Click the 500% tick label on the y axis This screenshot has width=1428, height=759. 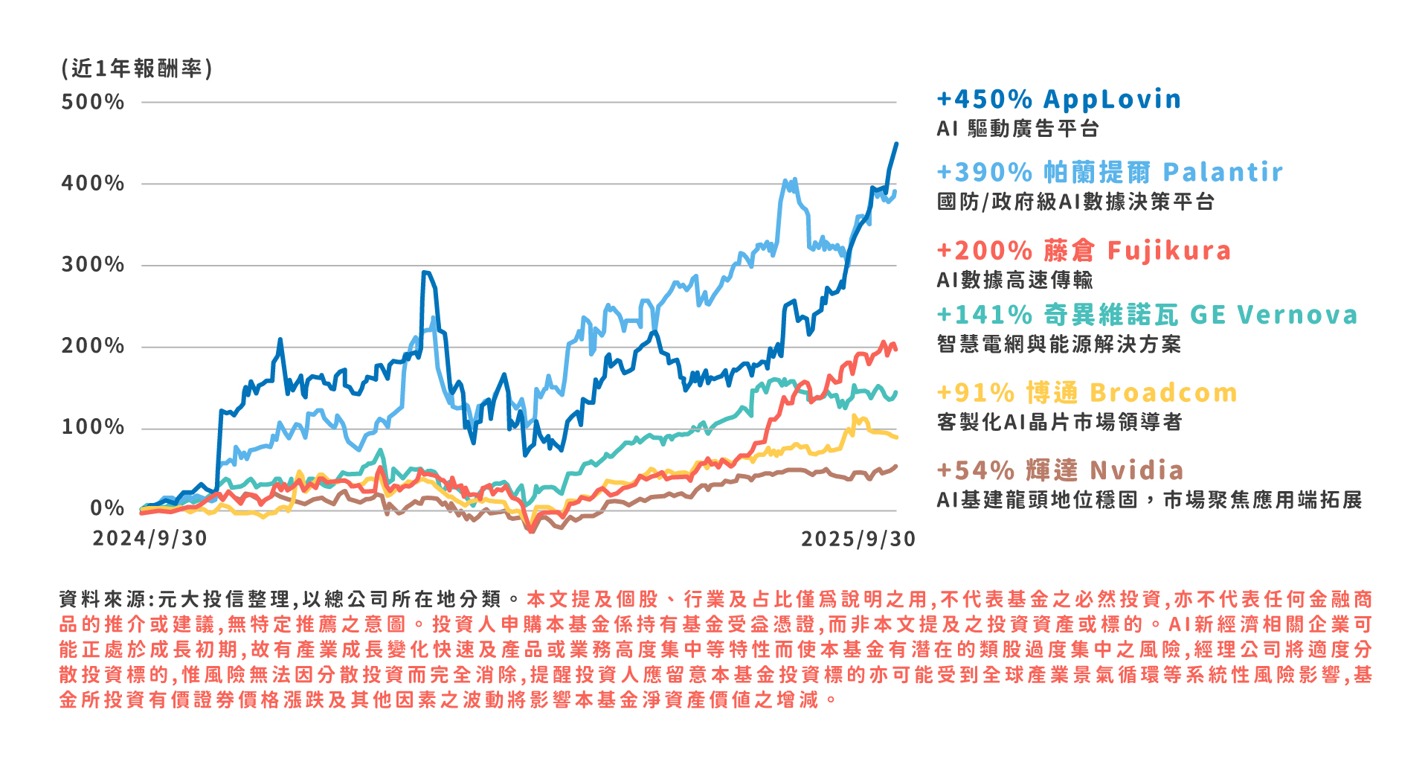pyautogui.click(x=92, y=102)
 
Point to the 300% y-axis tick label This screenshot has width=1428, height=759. pyautogui.click(x=92, y=265)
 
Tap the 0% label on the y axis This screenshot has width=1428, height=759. pyautogui.click(x=107, y=509)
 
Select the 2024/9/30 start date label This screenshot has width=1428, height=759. pyautogui.click(x=149, y=539)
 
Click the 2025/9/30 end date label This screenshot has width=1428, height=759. pyautogui.click(x=858, y=539)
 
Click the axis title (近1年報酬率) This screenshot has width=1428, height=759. pyautogui.click(x=137, y=68)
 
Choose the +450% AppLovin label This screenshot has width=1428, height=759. pyautogui.click(x=1058, y=99)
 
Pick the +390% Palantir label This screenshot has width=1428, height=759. pyautogui.click(x=1109, y=172)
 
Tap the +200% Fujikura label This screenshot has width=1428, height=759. pyautogui.click(x=1084, y=251)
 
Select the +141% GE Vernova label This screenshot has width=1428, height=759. pyautogui.click(x=1147, y=315)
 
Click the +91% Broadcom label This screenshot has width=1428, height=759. pyautogui.click(x=1087, y=392)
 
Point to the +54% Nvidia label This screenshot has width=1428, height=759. pyautogui.click(x=1060, y=470)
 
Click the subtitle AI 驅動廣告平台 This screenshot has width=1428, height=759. pyautogui.click(x=1017, y=129)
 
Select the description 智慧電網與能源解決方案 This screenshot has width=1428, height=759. pyautogui.click(x=1058, y=344)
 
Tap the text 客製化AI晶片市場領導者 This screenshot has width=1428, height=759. pyautogui.click(x=1059, y=422)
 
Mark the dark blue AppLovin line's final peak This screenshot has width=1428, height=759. pyautogui.click(x=896, y=144)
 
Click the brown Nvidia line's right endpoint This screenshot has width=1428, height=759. pyautogui.click(x=895, y=467)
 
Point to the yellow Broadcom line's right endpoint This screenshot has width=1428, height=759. pyautogui.click(x=896, y=437)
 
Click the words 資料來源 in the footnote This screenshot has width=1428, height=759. pyautogui.click(x=103, y=599)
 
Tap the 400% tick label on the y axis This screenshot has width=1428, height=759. pyautogui.click(x=92, y=183)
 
